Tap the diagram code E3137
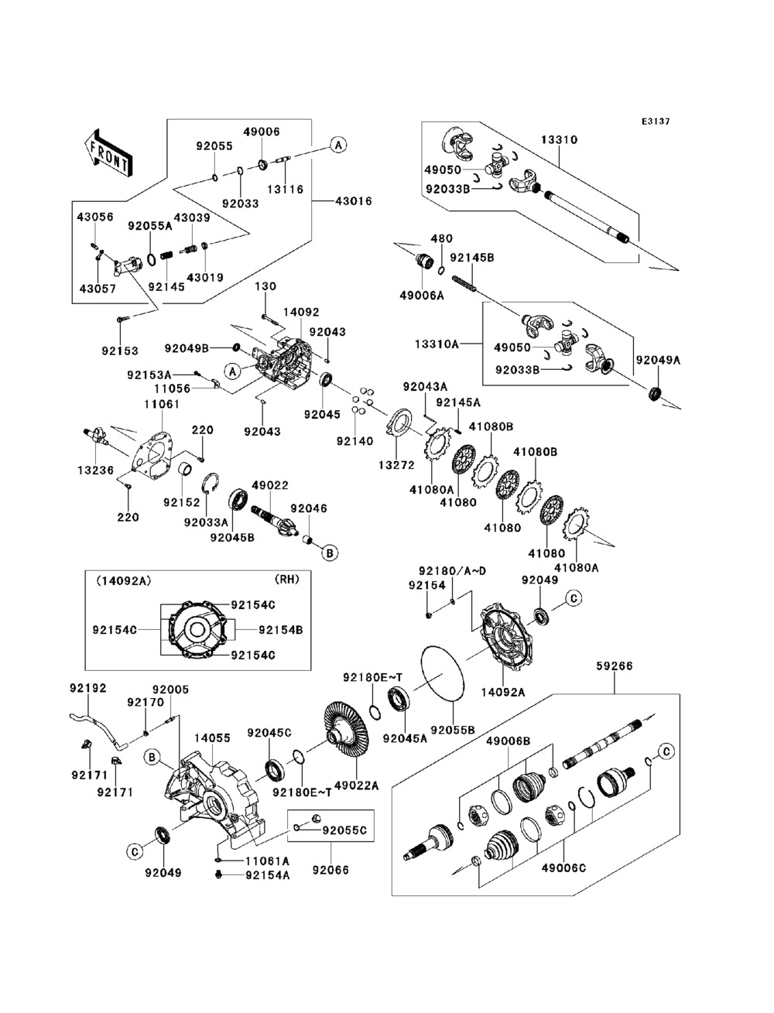(655, 121)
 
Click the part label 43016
(353, 201)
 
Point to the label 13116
(286, 189)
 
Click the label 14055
(212, 738)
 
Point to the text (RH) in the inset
(286, 578)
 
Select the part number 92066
(330, 870)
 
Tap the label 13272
(396, 465)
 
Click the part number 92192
(87, 687)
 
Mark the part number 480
(442, 239)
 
